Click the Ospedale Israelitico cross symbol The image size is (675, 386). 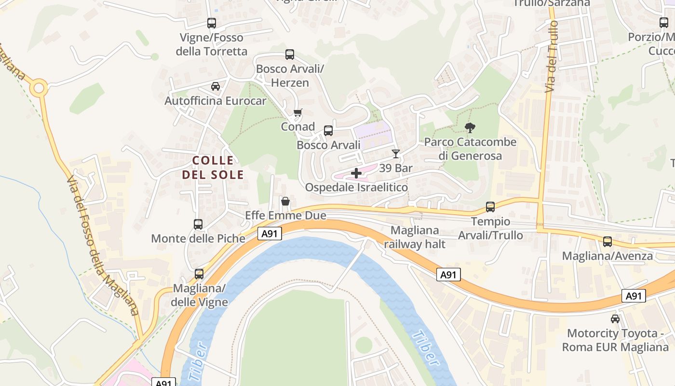(x=356, y=173)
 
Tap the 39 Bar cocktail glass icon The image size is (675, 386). (x=396, y=154)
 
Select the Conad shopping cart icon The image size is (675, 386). (x=298, y=113)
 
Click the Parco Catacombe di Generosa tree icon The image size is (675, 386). (x=470, y=128)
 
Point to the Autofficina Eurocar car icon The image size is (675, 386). (x=216, y=86)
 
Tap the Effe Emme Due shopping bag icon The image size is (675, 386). (x=285, y=201)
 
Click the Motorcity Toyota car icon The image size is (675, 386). (x=615, y=319)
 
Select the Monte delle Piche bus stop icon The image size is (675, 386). (x=198, y=224)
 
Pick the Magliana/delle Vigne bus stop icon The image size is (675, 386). (x=199, y=274)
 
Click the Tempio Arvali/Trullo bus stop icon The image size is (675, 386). (x=490, y=207)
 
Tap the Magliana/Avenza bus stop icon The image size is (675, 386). (x=607, y=242)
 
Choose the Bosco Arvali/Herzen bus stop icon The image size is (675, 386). (x=290, y=55)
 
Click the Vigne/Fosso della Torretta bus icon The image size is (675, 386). (x=212, y=23)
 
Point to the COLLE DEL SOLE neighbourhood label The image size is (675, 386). (x=213, y=167)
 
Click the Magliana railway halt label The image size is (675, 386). (x=415, y=237)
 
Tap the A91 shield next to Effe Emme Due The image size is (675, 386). (x=270, y=234)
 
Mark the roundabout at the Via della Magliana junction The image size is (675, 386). (x=39, y=88)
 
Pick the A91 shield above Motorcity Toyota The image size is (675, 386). (x=634, y=296)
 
